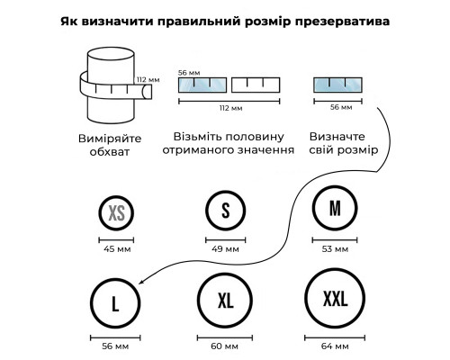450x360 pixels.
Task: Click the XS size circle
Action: (100, 213)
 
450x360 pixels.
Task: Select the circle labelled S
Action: (207, 211)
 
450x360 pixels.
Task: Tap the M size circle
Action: (313, 208)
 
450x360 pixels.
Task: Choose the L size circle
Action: (92, 302)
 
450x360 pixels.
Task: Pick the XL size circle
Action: (198, 300)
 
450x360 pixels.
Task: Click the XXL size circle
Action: (306, 299)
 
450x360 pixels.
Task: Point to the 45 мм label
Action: (117, 249)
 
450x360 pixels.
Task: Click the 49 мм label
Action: (225, 249)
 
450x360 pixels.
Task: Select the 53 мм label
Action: (335, 249)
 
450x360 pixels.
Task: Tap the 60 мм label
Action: (224, 346)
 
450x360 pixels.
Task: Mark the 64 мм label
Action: (335, 346)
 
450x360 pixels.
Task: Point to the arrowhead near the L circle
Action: (140, 282)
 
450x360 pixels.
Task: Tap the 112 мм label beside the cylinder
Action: (148, 80)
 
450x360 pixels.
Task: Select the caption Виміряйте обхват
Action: (110, 145)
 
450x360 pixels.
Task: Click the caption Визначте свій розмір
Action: (344, 143)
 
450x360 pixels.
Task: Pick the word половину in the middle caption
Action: (255, 137)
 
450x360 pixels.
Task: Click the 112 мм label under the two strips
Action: (230, 108)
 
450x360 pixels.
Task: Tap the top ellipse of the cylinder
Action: (111, 48)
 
